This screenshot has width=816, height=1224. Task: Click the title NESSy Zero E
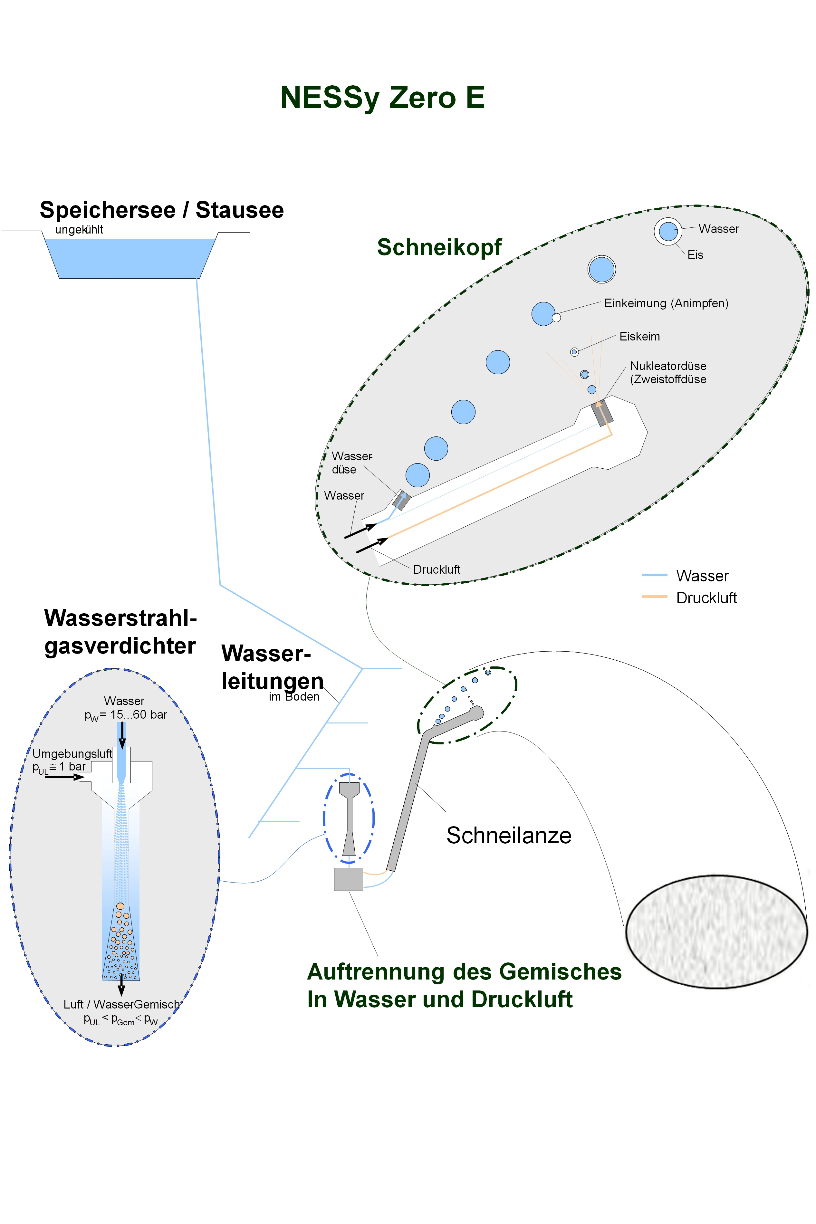382,97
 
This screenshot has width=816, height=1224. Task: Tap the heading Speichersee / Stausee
162,210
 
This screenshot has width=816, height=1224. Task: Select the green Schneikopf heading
439,247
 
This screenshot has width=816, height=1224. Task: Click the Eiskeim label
639,337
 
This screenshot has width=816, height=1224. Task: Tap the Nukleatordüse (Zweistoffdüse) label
668,372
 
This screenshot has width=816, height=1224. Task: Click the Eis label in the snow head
695,255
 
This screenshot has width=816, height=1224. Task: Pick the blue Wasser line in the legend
654,575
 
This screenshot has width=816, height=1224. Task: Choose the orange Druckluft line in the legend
654,597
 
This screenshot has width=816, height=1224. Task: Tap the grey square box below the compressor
348,879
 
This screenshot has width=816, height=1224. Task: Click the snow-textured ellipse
716,931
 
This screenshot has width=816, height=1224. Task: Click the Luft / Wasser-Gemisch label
121,1004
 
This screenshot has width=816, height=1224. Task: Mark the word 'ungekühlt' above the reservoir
79,229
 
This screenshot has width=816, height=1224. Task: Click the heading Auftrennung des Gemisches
464,972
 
